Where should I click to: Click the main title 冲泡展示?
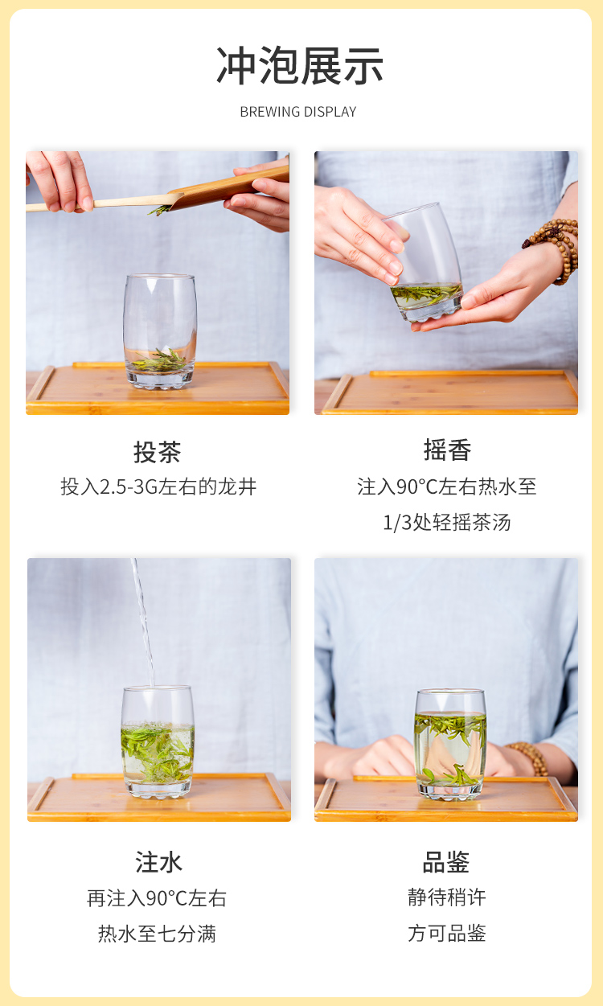[x=300, y=66]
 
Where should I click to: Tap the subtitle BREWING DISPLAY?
[x=298, y=112]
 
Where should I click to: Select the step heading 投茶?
[x=158, y=451]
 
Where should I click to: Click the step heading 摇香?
[x=447, y=450]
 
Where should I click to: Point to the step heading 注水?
[x=158, y=862]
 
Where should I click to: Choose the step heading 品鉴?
[x=446, y=862]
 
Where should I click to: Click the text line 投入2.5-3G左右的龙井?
[x=158, y=487]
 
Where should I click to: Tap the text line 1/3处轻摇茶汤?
[x=447, y=523]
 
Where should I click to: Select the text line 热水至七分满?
[x=157, y=934]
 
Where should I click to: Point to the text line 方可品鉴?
[x=447, y=933]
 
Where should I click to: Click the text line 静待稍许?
[x=447, y=897]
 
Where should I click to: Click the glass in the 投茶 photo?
[x=160, y=331]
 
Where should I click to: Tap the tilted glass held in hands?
[x=425, y=263]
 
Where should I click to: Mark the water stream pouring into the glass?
[x=144, y=624]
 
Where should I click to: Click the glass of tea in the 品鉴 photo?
[x=450, y=744]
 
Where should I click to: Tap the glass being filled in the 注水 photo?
[x=158, y=742]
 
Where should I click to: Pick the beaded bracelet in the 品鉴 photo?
[x=530, y=758]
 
